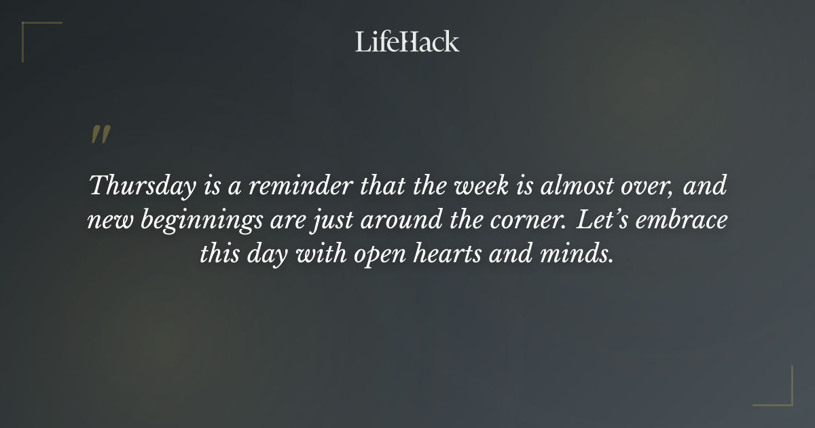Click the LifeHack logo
407,41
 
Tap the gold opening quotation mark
100,135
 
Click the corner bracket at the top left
41,41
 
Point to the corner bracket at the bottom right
774,387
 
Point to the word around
385,221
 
